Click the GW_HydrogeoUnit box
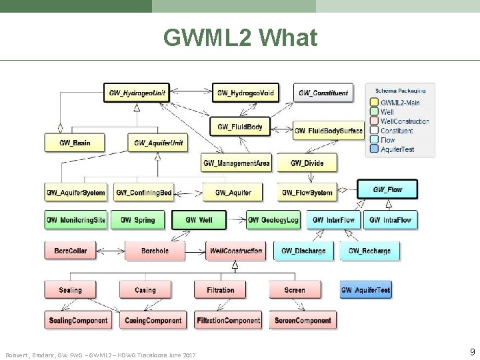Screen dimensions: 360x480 click(137, 93)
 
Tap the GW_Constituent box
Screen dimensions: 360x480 click(323, 93)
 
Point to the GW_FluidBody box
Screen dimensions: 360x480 click(240, 126)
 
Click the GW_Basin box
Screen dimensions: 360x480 click(75, 143)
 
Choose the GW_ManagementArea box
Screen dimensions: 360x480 click(237, 162)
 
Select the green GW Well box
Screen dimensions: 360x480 click(199, 219)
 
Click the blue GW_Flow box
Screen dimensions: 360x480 click(387, 189)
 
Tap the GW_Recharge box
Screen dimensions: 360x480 click(369, 251)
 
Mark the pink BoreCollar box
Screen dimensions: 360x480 click(75, 251)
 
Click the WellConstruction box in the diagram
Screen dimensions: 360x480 click(235, 251)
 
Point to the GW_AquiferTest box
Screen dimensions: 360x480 click(366, 290)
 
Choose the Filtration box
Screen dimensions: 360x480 click(220, 290)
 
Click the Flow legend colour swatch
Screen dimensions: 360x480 click(374, 140)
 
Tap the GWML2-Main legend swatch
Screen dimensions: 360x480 click(374, 103)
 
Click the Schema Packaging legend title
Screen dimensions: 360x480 click(400, 91)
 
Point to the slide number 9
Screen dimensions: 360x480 click(472, 351)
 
